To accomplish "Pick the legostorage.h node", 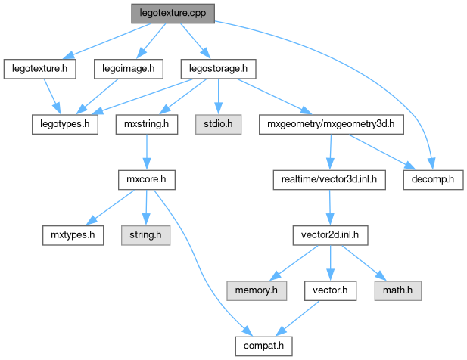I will tap(217, 69).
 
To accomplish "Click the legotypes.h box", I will tap(65, 123).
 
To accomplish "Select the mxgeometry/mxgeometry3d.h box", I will tap(330, 123).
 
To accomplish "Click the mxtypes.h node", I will tap(72, 235).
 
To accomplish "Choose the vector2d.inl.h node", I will tap(330, 235).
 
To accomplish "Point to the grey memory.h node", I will tap(257, 290).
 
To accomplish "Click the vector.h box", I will tap(330, 290).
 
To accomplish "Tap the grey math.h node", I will tap(396, 290).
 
